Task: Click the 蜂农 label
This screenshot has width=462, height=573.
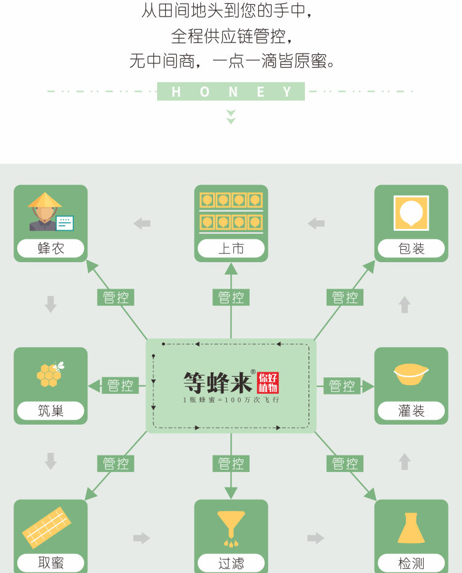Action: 51,249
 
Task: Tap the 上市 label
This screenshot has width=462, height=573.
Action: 231,249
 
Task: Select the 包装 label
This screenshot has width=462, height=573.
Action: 411,249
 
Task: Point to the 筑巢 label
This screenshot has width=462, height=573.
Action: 51,411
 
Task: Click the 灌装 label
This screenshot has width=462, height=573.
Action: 411,411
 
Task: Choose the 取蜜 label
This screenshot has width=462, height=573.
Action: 51,563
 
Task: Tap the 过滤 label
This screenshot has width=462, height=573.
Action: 231,563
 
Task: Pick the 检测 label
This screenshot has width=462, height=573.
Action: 411,563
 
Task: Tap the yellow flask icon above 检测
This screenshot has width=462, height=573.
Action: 411,528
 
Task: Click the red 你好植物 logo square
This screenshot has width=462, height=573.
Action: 268,382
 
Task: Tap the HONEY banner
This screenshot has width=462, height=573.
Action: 231,92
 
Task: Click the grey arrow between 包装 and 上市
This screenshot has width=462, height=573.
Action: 316,223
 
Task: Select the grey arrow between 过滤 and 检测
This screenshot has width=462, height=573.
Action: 316,538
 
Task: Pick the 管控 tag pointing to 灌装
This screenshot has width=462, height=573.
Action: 342,386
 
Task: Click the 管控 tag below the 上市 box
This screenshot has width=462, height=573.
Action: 231,298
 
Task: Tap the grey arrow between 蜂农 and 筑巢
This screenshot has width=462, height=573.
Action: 51,304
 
